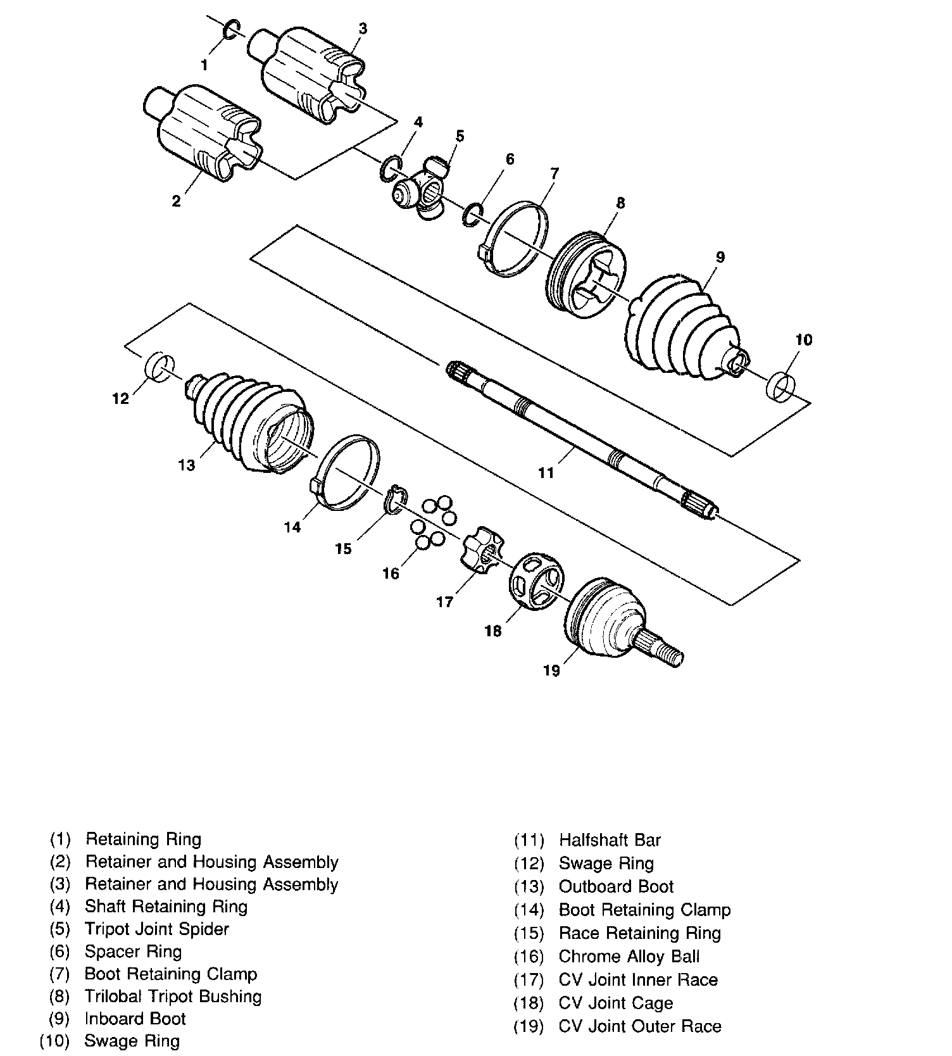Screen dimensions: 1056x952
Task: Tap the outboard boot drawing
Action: (x=253, y=421)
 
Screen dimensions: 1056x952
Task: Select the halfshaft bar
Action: (x=582, y=443)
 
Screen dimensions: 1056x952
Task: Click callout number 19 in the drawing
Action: (x=552, y=670)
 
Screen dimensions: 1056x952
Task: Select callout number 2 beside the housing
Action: (x=176, y=201)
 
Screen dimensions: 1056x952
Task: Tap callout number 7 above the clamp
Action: (x=554, y=173)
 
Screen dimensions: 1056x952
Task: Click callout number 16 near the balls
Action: (x=391, y=573)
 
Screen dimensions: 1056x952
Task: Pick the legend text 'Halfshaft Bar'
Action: (x=610, y=840)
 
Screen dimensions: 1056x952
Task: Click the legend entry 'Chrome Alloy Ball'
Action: (x=629, y=956)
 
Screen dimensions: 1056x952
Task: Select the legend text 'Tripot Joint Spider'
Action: (x=156, y=929)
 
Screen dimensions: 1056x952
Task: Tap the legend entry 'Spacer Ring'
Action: (x=133, y=952)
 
